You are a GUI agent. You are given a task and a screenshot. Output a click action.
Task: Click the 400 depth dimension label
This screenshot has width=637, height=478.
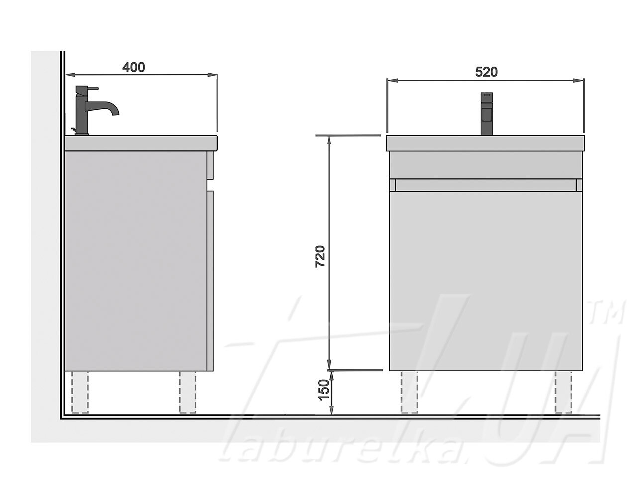133,67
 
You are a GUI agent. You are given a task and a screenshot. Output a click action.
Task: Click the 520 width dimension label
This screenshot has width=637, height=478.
486,72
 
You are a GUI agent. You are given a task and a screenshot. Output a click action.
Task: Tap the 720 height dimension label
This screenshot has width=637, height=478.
320,256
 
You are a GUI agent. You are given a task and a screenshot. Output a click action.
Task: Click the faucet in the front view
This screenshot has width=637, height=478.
487,114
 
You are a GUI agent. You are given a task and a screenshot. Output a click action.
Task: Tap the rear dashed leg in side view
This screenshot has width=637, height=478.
80,392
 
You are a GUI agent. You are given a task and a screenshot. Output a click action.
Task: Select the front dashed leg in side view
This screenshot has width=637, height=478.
187,392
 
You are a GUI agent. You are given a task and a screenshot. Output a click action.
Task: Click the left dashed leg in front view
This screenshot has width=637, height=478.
409,392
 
